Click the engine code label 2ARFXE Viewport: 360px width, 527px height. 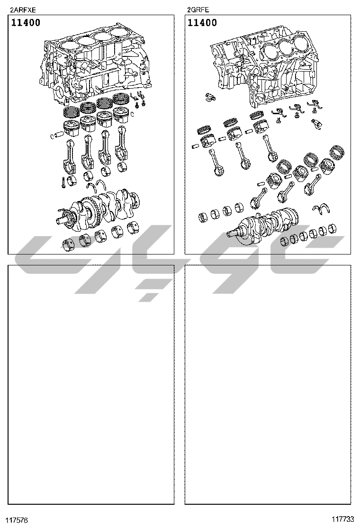23,10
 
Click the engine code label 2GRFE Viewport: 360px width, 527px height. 198,10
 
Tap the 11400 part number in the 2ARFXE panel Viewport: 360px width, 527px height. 26,23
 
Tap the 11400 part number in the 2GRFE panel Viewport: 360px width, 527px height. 202,23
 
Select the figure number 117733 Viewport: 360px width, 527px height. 343,519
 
